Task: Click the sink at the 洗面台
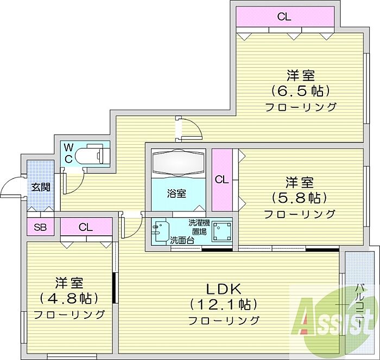pos(161,230)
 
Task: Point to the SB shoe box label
pos(40,227)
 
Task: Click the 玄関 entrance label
pos(41,187)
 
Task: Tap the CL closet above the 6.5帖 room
pos(284,17)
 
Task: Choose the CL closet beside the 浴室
pos(222,179)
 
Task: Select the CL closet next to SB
pos(86,227)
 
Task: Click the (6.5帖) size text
pos(301,91)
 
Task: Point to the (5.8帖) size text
pos(300,198)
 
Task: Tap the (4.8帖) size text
pos(69,298)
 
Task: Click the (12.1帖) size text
pos(223,304)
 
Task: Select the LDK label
pos(224,289)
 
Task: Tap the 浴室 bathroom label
pos(176,194)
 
